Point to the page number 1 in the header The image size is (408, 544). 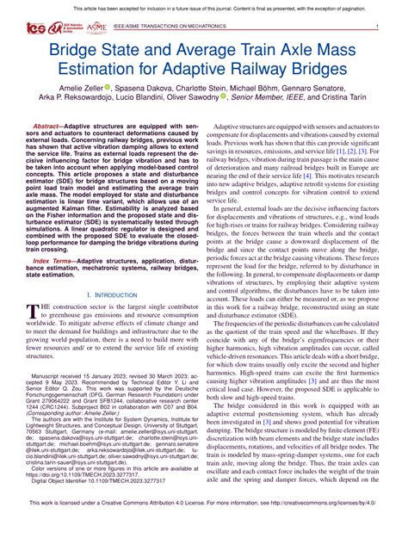tap(377, 28)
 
